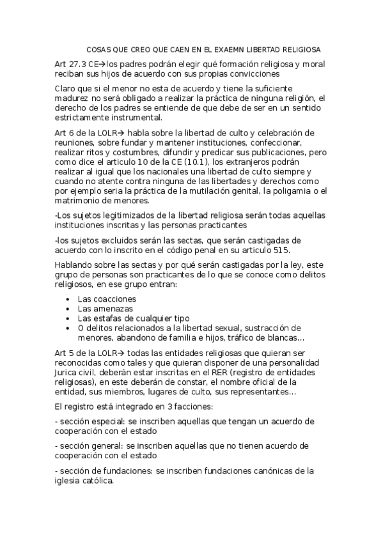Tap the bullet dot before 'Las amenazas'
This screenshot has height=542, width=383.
[x=68, y=308]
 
